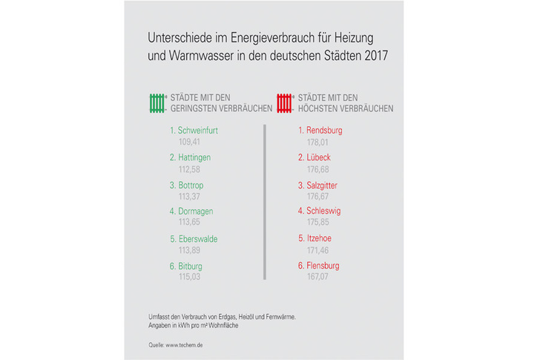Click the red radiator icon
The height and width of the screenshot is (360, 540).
286,102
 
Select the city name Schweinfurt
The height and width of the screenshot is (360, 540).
198,131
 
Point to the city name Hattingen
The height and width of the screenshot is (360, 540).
195,157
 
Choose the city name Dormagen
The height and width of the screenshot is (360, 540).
196,212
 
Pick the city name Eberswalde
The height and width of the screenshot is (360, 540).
198,239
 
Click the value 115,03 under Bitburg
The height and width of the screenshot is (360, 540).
190,276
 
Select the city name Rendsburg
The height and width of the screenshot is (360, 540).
324,131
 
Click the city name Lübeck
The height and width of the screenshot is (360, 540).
318,157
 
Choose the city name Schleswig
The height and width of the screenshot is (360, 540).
324,212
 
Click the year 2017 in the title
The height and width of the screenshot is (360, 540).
375,56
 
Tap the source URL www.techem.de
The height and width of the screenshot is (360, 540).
181,345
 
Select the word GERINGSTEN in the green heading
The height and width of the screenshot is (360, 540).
195,108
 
